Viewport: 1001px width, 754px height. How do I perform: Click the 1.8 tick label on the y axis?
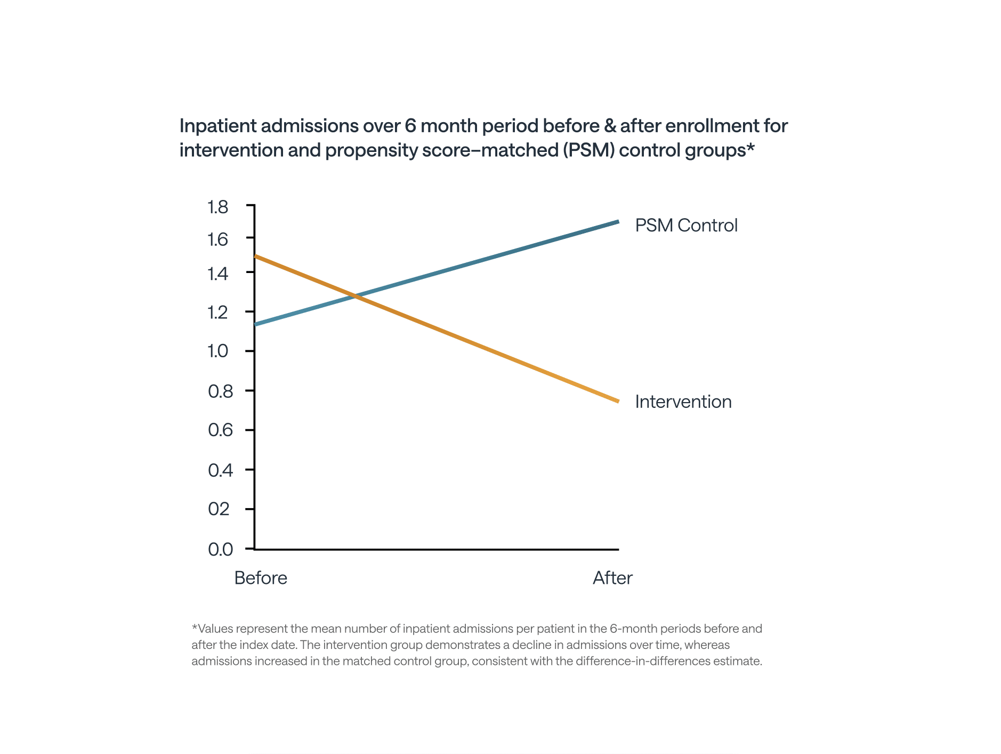click(x=217, y=207)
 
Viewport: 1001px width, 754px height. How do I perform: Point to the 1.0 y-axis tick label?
click(x=217, y=351)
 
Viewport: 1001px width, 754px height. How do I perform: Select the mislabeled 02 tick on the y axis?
click(x=219, y=509)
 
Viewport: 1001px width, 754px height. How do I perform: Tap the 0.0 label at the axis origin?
click(x=220, y=549)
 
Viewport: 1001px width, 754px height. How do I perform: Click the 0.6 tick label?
click(x=220, y=430)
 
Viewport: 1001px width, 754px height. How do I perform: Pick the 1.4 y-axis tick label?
click(x=217, y=274)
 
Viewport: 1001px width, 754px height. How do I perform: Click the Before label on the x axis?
click(x=261, y=578)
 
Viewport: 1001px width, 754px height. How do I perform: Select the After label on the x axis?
click(x=612, y=578)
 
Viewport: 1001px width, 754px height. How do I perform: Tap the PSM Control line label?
click(x=686, y=225)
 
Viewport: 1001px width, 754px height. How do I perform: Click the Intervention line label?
click(x=683, y=402)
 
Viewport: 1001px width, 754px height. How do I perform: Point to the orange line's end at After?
click(x=617, y=401)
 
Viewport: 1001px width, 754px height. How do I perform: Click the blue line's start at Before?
click(x=256, y=324)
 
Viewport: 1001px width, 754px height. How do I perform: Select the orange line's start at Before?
click(x=256, y=256)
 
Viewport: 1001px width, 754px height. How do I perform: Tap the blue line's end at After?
click(x=617, y=221)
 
